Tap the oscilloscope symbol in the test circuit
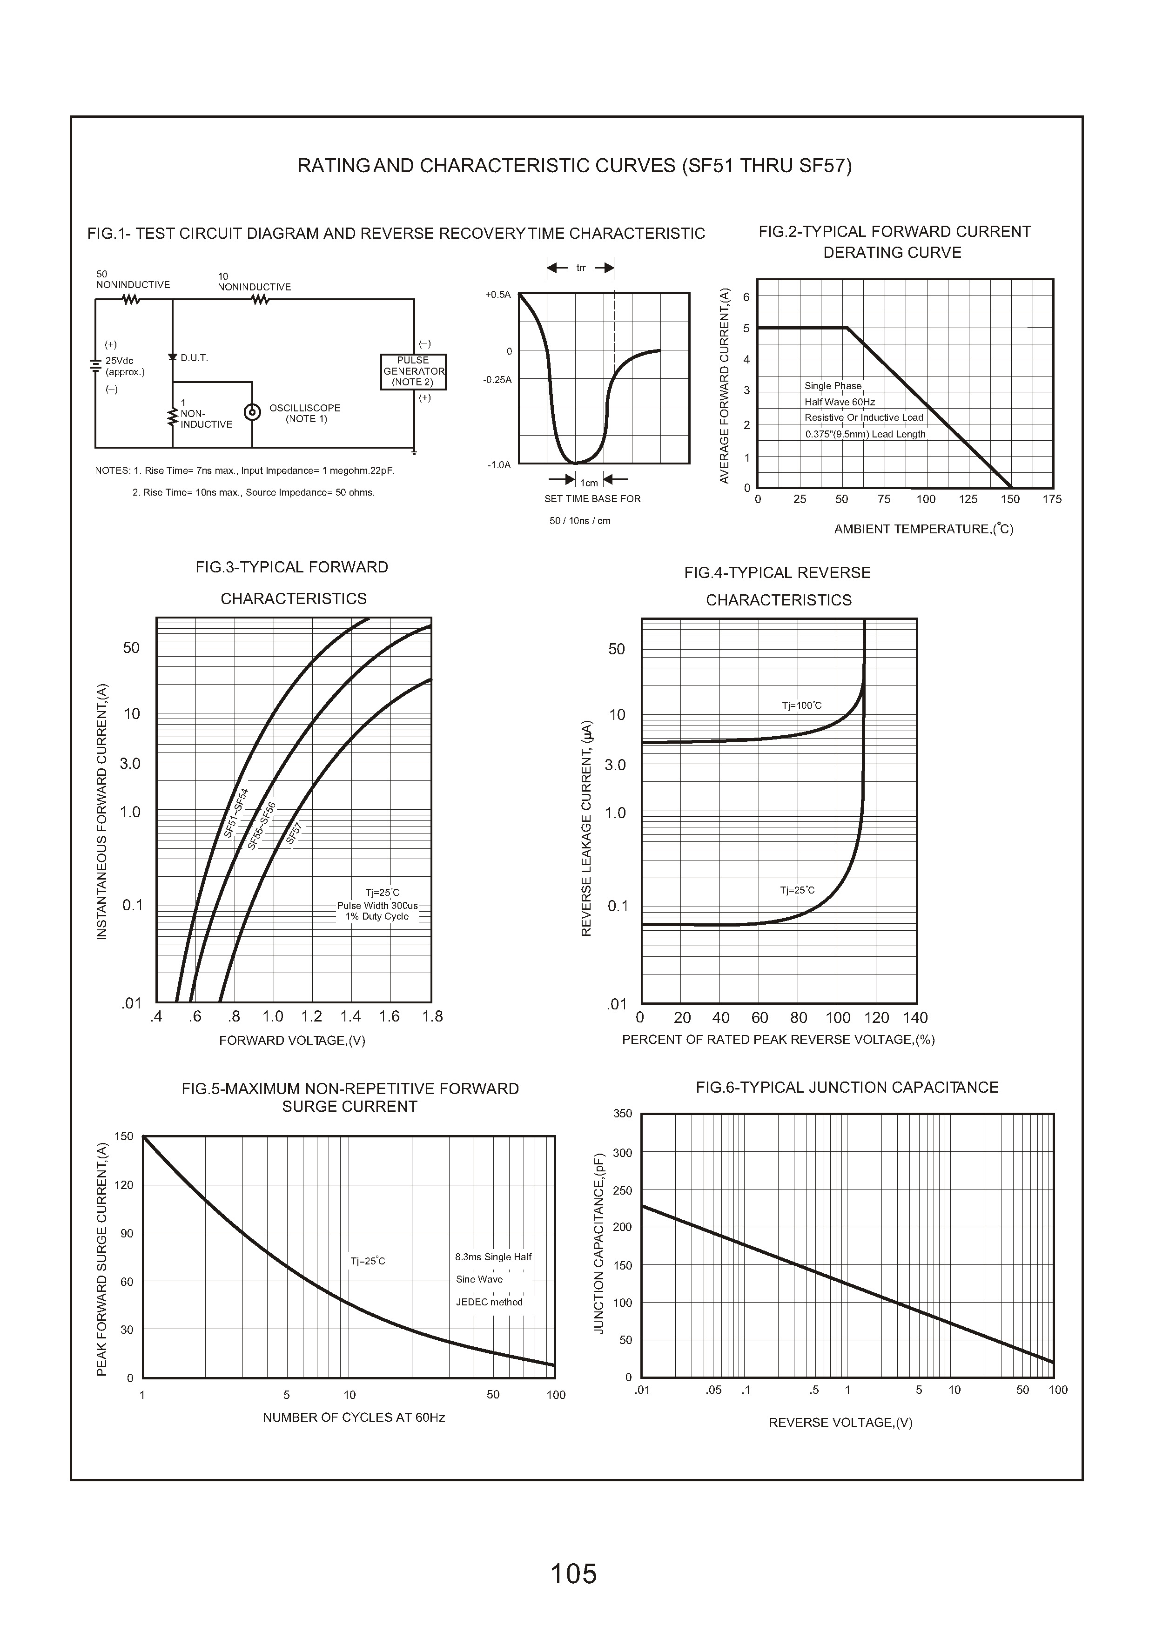(x=252, y=413)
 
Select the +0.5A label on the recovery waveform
(x=498, y=295)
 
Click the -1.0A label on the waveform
(x=499, y=465)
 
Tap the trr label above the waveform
(x=581, y=268)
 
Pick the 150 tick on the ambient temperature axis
(x=1010, y=499)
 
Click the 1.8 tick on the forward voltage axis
(x=432, y=1016)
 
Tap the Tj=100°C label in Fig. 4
(x=801, y=706)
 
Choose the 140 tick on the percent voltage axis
(x=915, y=1018)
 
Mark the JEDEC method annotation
(x=489, y=1302)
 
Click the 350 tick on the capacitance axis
(x=623, y=1113)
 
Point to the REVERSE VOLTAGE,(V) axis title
(x=840, y=1422)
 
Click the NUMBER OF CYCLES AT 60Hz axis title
(x=354, y=1418)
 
